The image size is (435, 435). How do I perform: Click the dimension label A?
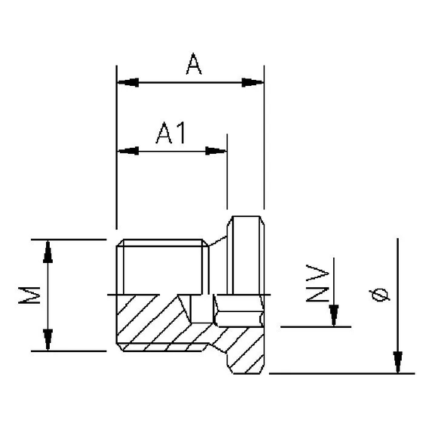pos(194,66)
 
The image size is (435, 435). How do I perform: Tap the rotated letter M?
pos(29,296)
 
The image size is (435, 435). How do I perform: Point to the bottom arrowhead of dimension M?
pos(48,341)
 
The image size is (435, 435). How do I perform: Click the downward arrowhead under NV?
pos(334,316)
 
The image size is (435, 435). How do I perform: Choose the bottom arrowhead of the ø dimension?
pos(397,363)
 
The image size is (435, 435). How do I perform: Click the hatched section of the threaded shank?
pos(151,320)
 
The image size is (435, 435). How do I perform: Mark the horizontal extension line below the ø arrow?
pos(339,372)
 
